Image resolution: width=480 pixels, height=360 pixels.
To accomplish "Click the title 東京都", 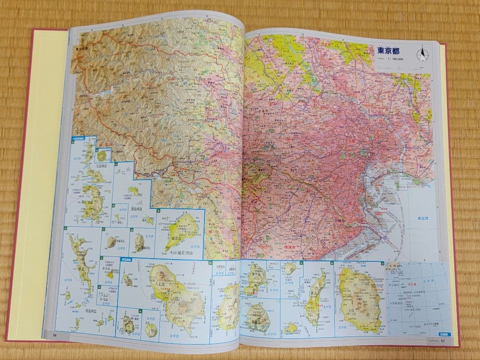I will click(x=388, y=51).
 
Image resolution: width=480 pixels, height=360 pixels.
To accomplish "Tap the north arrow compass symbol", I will click(x=421, y=54).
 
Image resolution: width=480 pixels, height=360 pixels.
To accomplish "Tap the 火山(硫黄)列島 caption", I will click(x=182, y=253).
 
